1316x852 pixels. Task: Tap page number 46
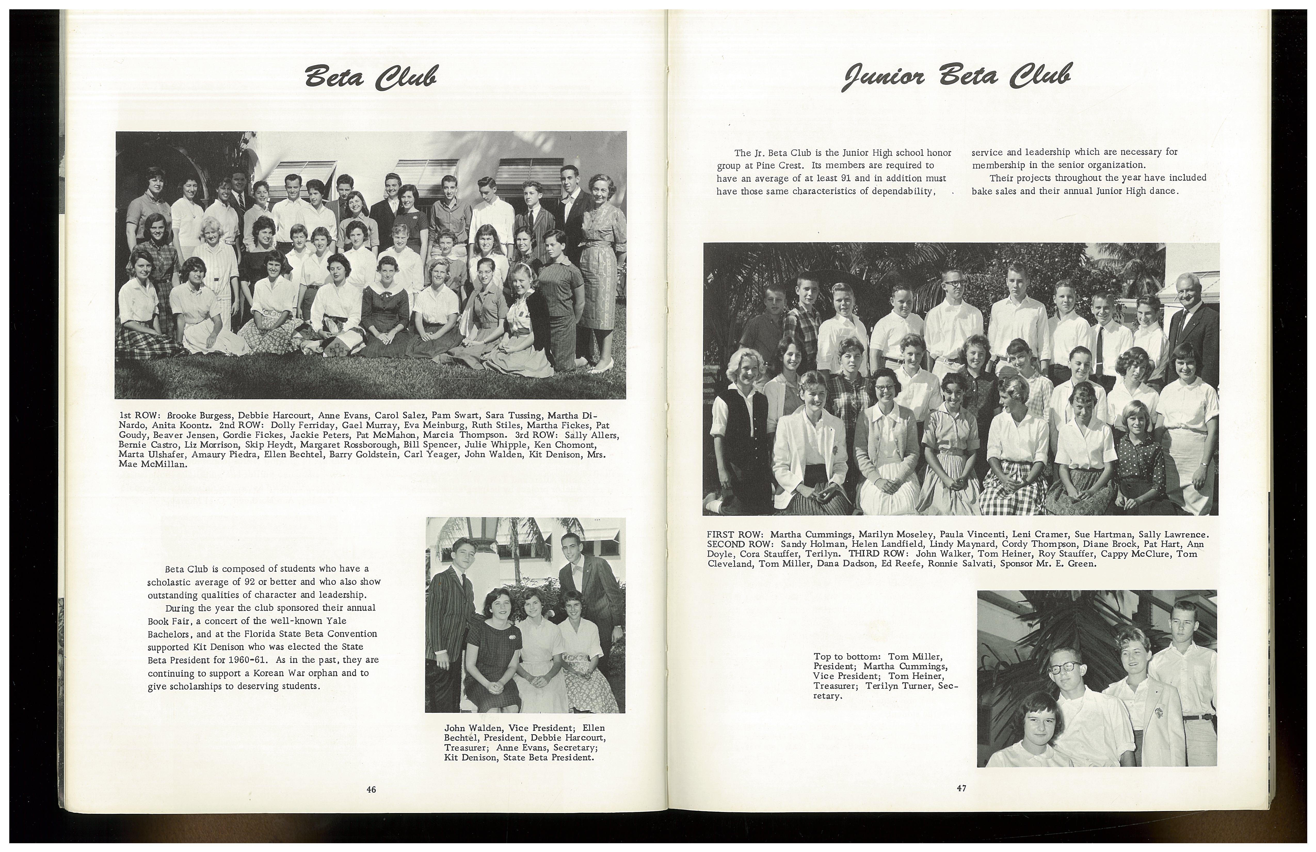click(371, 790)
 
